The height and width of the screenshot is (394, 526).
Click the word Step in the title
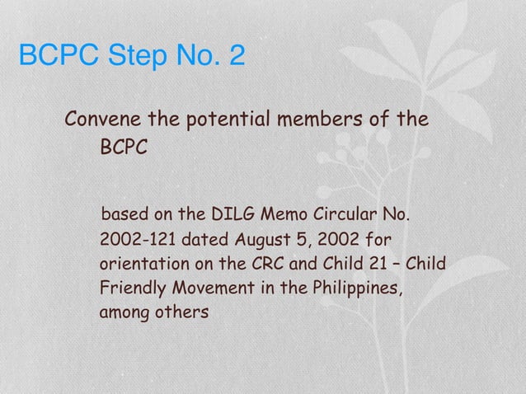pyautogui.click(x=129, y=57)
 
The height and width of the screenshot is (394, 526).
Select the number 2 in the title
pyautogui.click(x=235, y=57)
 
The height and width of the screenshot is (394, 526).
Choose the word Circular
pyautogui.click(x=344, y=217)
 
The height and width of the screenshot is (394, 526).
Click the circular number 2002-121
pyautogui.click(x=136, y=242)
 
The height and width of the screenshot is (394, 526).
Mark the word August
pyautogui.click(x=265, y=242)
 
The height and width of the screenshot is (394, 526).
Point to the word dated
pyautogui.click(x=204, y=242)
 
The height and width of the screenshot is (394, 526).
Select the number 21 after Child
pyautogui.click(x=370, y=265)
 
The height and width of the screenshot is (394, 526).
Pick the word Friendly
pyautogui.click(x=132, y=290)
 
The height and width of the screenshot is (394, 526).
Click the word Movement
pyautogui.click(x=211, y=290)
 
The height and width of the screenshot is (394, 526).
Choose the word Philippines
pyautogui.click(x=358, y=290)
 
